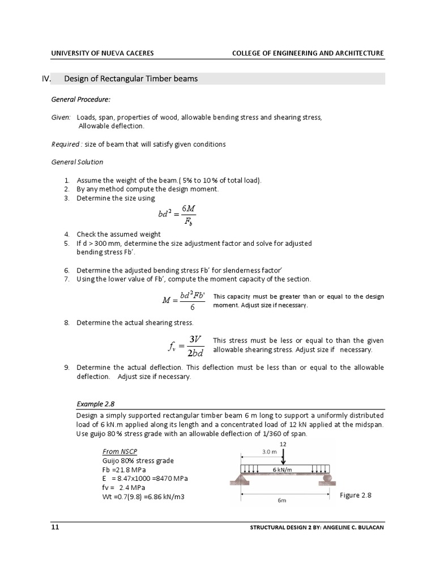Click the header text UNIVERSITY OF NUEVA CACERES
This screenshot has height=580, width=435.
pos(102,53)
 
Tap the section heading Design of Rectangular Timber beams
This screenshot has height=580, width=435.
pos(131,79)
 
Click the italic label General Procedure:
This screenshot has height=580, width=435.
pos(81,99)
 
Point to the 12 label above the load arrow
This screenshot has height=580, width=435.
pos(283,444)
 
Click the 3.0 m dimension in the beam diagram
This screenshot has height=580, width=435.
pos(270,452)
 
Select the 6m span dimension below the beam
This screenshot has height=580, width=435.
pos(282,501)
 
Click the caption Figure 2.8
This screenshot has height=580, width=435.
pos(355,495)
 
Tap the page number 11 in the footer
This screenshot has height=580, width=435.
pos(55,527)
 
